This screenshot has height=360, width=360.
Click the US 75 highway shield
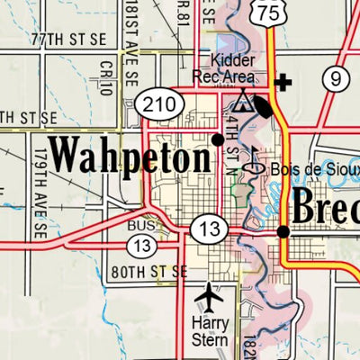[x=266, y=11]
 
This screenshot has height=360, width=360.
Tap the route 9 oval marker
[x=337, y=80]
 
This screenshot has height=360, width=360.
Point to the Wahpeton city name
[x=130, y=155]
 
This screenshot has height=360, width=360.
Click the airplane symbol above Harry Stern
[x=210, y=294]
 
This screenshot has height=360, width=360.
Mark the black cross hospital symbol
[x=284, y=84]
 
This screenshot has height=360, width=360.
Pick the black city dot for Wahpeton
[x=218, y=139]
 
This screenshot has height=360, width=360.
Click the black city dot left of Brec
[x=283, y=231]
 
